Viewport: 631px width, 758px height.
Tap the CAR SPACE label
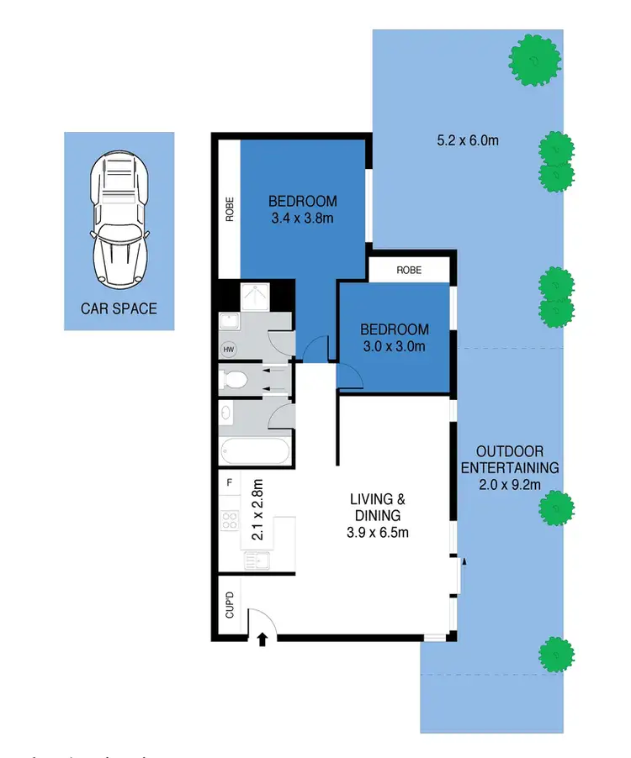pos(119,308)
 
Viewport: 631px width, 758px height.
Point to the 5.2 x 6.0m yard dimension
pos(468,140)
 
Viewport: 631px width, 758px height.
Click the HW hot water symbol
pos(228,349)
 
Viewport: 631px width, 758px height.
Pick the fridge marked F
pos(229,483)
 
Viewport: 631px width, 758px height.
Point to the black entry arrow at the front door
pos(262,640)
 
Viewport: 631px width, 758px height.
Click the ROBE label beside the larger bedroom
pos(229,208)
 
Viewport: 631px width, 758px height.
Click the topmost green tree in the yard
pos(534,59)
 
